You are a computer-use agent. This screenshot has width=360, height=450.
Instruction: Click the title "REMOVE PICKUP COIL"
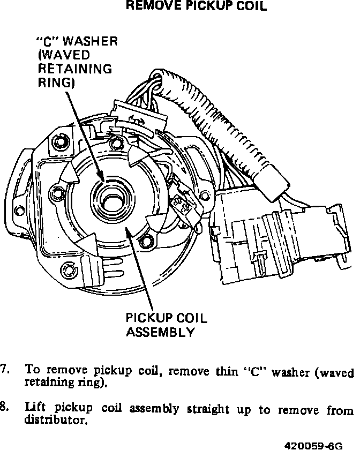click(x=195, y=7)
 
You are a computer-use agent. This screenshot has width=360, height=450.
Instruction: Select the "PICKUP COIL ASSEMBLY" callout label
click(x=166, y=325)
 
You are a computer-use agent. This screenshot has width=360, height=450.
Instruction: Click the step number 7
click(x=5, y=370)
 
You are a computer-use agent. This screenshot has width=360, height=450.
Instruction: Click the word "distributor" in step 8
click(x=55, y=421)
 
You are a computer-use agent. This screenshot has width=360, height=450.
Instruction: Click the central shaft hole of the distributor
click(x=112, y=201)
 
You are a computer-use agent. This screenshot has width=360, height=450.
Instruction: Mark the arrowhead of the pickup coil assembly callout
click(x=125, y=228)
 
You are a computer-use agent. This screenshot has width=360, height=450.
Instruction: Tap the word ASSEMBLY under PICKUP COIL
click(x=160, y=332)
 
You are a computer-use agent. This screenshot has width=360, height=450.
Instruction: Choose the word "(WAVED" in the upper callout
click(x=64, y=55)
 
